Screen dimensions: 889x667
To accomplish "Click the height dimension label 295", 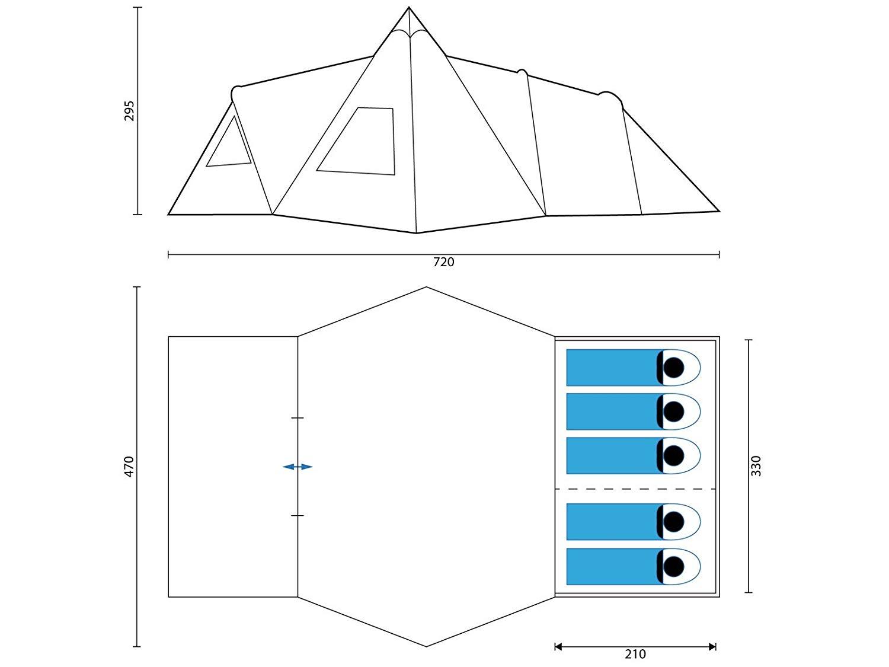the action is point(129,110).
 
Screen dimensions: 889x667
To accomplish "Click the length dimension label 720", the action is point(444,263).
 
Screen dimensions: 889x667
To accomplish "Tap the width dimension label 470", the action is point(129,467).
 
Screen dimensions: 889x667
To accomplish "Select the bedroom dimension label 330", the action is point(756,466).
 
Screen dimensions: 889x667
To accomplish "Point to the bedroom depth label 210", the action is point(635,654).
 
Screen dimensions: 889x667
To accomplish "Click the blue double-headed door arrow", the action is point(298,467).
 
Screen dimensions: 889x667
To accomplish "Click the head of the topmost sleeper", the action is point(674,368).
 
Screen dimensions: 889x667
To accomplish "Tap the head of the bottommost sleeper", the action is point(674,566).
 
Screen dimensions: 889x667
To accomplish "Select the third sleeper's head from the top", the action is point(674,455).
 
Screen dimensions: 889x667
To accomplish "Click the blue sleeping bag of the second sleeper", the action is point(614,411).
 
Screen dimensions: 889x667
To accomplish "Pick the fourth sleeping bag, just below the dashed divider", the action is point(614,522).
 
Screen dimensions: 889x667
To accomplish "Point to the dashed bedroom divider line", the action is point(635,489).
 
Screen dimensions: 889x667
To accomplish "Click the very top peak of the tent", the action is point(409,7).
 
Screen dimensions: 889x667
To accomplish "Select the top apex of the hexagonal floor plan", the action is point(426,287).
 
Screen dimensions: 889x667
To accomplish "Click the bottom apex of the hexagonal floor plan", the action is point(426,646).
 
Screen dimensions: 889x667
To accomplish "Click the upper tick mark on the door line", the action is point(298,417).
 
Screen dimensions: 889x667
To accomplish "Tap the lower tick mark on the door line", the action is point(298,516).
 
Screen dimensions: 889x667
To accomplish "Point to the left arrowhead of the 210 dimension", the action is point(558,647).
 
